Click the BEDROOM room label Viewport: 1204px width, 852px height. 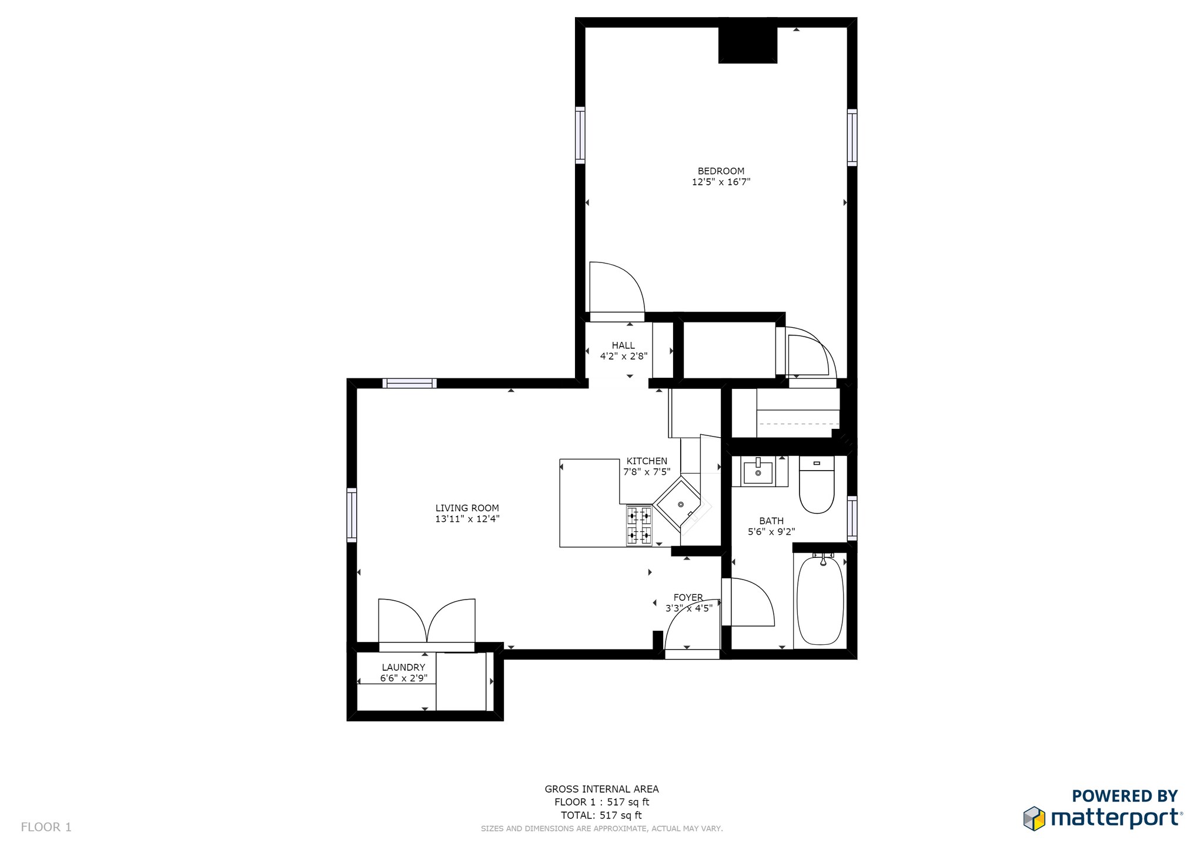click(x=721, y=171)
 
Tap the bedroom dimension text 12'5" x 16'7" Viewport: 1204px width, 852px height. click(x=721, y=182)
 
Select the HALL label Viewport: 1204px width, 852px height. click(x=623, y=345)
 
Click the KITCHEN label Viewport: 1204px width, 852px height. click(x=647, y=461)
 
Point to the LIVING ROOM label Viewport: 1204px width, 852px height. click(x=467, y=508)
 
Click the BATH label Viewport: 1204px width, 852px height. click(x=771, y=521)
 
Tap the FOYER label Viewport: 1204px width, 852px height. click(x=688, y=597)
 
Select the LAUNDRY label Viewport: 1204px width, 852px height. click(x=403, y=667)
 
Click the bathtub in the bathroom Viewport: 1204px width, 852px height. click(x=820, y=600)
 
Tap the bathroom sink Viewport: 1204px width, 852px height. click(x=758, y=472)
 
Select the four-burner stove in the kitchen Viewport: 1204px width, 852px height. click(x=639, y=525)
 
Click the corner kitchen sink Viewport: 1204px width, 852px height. click(x=681, y=504)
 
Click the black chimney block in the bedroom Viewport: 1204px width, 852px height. click(x=748, y=45)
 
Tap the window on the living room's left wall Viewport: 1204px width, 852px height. click(x=352, y=514)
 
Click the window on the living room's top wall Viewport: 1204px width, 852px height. click(x=409, y=384)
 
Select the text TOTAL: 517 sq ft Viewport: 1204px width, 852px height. click(x=601, y=816)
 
